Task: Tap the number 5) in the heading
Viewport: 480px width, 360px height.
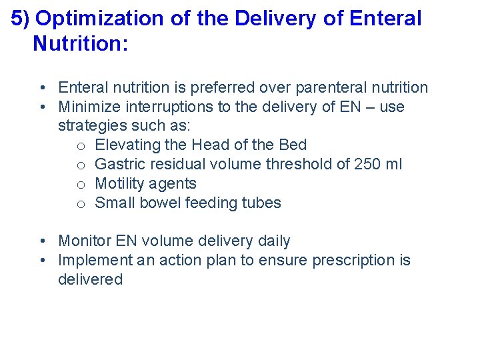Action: [21, 19]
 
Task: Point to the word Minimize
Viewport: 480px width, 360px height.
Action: [88, 107]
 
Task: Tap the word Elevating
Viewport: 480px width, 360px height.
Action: [125, 145]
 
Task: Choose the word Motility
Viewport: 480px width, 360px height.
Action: [121, 184]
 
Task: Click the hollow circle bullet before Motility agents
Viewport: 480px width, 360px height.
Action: [80, 185]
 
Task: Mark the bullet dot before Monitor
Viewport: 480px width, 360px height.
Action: [42, 241]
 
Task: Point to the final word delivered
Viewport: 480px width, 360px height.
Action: [90, 280]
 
